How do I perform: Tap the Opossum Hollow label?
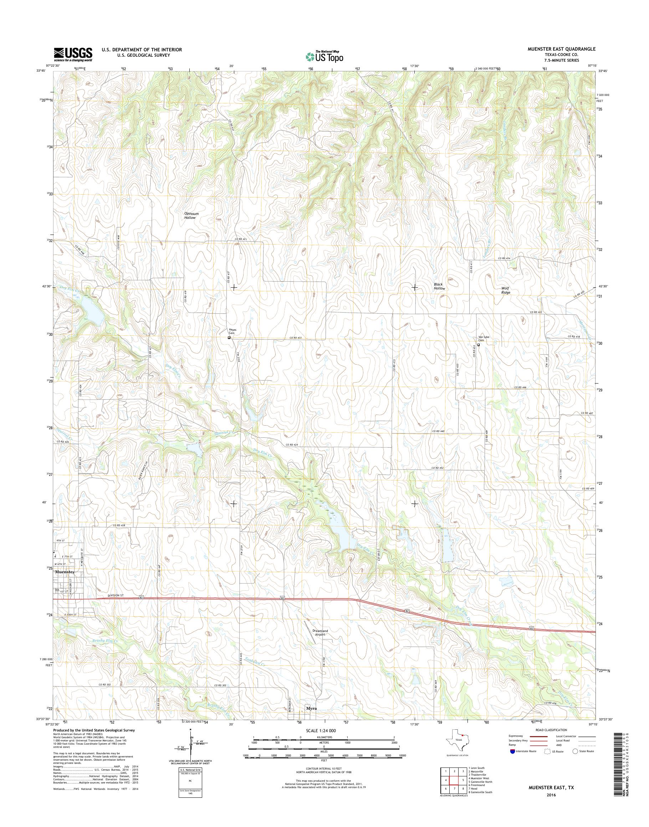(x=191, y=216)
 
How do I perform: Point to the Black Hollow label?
(x=439, y=287)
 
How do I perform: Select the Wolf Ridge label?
(x=505, y=290)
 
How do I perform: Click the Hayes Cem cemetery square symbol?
(x=229, y=337)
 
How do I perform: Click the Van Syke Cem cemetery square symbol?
(x=479, y=345)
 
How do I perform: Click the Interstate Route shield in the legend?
(x=512, y=751)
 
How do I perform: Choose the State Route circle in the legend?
(x=575, y=751)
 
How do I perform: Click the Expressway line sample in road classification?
(x=537, y=736)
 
